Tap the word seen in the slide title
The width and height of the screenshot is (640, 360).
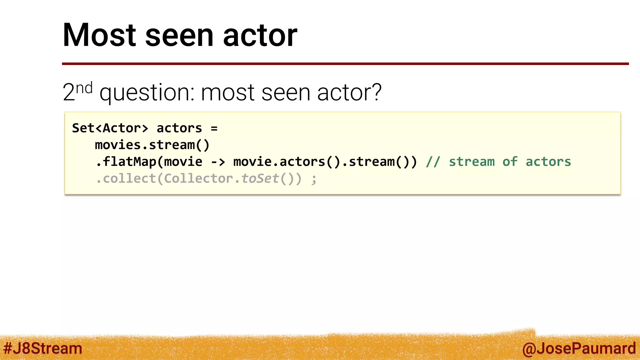point(179,36)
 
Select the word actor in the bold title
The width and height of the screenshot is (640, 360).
point(260,36)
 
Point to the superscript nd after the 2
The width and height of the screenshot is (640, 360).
point(84,88)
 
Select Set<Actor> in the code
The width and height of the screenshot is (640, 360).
point(110,128)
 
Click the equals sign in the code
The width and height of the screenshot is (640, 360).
point(214,128)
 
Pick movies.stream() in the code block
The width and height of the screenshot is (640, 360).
point(152,145)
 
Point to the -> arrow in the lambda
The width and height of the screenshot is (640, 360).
point(218,162)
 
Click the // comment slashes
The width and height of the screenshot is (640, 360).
point(433,162)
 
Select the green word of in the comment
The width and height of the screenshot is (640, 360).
point(510,162)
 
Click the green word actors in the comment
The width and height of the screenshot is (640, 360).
point(548,162)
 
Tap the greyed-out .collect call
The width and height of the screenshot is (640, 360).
point(126,179)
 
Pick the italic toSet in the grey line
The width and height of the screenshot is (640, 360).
point(260,179)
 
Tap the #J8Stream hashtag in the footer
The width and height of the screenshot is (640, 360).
point(43,348)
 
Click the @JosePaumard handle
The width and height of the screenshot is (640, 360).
point(579,348)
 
